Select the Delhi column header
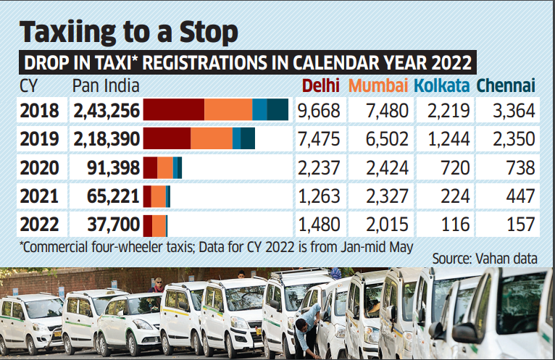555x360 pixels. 321,86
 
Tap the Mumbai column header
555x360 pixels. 378,86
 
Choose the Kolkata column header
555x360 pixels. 442,86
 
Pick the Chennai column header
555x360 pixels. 506,86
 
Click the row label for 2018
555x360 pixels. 41,110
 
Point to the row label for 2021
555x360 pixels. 41,195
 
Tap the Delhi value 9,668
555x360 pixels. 321,110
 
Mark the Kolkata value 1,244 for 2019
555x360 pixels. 442,138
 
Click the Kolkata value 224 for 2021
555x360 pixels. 452,195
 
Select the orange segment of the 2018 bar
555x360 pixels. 228,110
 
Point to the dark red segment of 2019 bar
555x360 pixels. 167,138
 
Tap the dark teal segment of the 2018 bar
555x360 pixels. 277,110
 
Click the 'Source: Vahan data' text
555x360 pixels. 485,258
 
